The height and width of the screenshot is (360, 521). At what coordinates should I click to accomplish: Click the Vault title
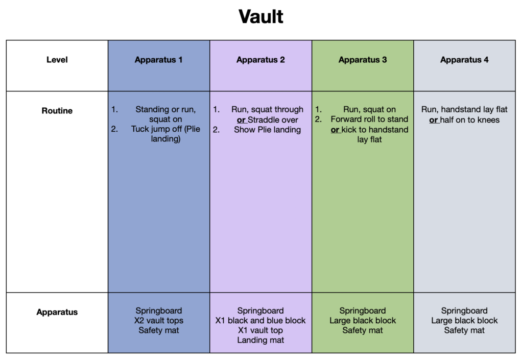[261, 16]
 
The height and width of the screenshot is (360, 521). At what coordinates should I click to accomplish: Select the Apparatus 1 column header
[158, 60]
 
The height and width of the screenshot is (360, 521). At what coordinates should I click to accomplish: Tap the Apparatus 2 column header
[260, 60]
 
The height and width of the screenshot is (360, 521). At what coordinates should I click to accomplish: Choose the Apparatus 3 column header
[363, 60]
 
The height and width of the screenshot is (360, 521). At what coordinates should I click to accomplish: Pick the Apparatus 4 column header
[464, 60]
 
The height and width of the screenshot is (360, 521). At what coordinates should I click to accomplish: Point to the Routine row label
[57, 111]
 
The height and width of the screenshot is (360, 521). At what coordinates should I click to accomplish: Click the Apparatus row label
[57, 312]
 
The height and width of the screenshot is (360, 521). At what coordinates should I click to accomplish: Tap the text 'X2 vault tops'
[158, 321]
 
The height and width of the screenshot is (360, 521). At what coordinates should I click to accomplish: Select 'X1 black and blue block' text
[260, 321]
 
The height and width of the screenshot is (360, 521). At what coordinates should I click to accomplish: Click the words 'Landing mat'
[260, 340]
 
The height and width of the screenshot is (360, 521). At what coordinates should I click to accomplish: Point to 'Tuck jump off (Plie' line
[165, 129]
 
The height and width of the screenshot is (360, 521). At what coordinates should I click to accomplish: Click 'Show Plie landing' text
[267, 130]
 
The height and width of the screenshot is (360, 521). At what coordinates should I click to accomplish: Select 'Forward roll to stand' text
[369, 119]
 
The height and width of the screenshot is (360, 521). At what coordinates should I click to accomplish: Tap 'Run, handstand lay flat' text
[464, 110]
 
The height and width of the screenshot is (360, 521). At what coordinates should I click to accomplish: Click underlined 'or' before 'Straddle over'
[241, 120]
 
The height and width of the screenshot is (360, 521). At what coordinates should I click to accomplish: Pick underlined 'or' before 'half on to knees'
[434, 120]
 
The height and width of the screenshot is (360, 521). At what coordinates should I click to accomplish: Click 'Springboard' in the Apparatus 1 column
[158, 311]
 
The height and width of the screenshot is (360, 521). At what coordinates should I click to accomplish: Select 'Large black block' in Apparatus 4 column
[464, 321]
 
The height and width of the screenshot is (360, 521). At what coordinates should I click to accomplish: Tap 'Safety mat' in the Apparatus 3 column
[363, 330]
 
